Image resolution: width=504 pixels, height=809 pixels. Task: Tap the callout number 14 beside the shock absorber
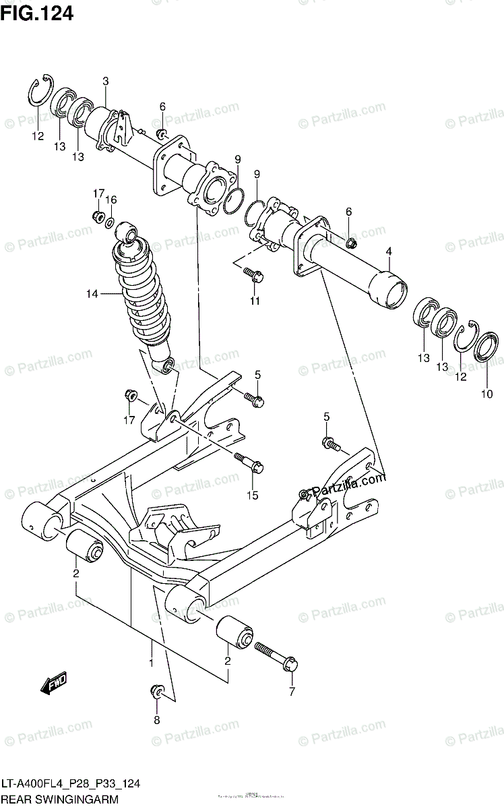point(92,293)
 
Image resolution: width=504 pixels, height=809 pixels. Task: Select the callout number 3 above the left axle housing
point(105,82)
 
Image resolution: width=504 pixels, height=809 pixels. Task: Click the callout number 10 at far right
point(486,394)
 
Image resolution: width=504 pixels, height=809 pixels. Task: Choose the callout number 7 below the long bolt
point(292,692)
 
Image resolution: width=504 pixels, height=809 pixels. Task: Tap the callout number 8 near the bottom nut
point(156,720)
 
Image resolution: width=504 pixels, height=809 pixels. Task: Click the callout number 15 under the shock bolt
point(252,496)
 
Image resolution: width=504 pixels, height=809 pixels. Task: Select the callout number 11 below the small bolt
point(255,301)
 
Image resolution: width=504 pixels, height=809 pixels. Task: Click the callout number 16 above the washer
point(111,200)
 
